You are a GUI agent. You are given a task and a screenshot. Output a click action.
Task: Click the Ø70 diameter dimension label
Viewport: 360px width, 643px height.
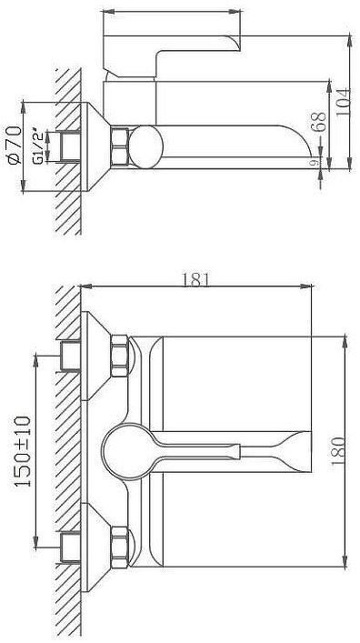click(15, 146)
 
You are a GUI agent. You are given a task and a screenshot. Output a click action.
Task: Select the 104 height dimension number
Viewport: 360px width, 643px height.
click(343, 102)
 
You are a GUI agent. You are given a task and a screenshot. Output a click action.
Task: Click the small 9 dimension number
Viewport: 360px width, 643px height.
click(315, 163)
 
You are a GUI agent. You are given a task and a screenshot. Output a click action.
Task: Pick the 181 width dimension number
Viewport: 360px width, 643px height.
click(195, 280)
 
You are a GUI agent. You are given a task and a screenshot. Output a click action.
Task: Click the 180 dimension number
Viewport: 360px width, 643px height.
click(338, 451)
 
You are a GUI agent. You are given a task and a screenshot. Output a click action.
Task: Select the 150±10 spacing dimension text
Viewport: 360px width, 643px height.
click(23, 451)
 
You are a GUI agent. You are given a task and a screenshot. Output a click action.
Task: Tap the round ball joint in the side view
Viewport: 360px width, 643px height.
click(145, 146)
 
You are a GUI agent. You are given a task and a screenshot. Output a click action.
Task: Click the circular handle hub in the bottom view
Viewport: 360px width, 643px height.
click(125, 451)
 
